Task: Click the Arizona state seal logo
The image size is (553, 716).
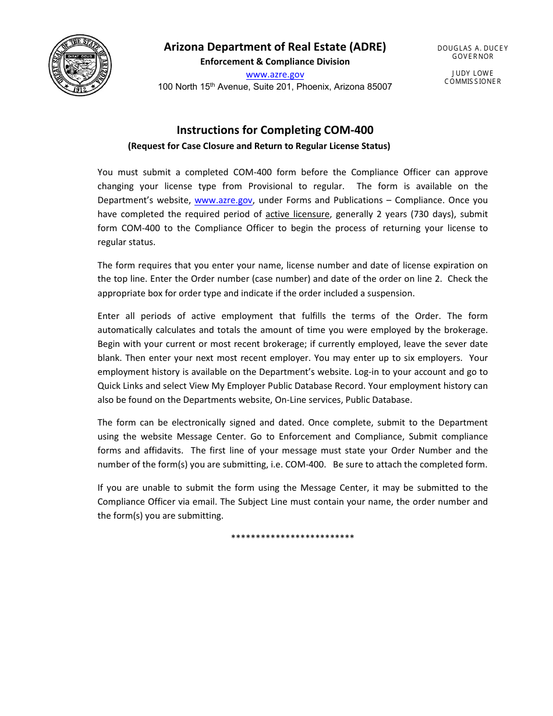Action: tap(80, 65)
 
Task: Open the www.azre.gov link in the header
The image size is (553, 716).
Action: tap(275, 75)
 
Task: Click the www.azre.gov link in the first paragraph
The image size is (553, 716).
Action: tap(223, 200)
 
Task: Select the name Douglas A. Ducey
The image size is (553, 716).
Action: tap(473, 48)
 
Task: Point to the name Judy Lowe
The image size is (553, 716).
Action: tap(473, 73)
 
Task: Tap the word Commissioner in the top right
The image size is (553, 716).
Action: tap(473, 81)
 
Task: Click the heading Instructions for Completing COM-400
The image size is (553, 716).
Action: tap(275, 130)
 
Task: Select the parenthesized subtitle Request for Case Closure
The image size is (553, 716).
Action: tap(259, 146)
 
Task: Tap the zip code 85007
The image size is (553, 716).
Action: tap(379, 87)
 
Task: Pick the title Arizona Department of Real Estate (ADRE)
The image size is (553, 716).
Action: tap(275, 47)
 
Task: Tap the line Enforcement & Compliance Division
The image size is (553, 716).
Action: tap(275, 62)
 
